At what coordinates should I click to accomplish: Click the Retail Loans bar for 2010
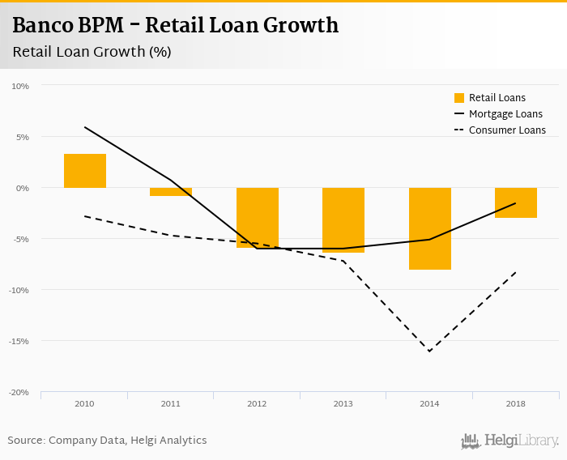85,171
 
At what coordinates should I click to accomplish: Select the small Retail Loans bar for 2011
171,192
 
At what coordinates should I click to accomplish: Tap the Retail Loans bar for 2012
258,217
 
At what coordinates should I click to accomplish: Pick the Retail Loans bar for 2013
343,220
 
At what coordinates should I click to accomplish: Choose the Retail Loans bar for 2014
430,228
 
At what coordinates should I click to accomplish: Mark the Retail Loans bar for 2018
516,202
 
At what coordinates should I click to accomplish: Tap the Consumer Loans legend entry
500,130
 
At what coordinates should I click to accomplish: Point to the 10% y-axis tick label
20,86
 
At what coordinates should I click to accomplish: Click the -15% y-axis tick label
19,341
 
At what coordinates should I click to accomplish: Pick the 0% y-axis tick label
23,188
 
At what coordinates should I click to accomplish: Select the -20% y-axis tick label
19,392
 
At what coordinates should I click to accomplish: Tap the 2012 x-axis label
258,402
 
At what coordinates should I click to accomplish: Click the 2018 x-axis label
516,402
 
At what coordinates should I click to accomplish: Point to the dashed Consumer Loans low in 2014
430,351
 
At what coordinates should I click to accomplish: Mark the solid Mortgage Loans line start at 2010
85,127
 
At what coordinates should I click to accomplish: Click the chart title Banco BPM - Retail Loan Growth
175,26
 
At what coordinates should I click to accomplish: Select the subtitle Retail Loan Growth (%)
92,52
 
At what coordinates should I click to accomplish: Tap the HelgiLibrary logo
510,441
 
